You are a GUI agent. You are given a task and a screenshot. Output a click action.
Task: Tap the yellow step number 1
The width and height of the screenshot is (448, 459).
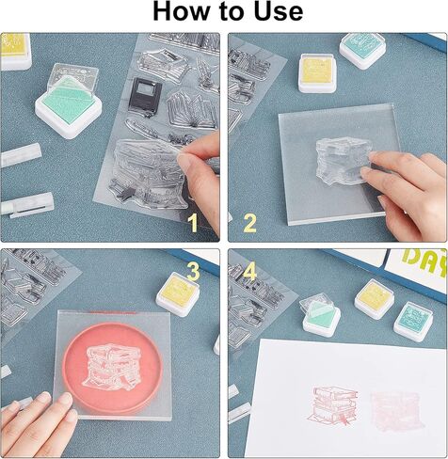point(193,223)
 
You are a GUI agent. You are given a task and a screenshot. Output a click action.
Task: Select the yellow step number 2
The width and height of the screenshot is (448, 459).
point(249,223)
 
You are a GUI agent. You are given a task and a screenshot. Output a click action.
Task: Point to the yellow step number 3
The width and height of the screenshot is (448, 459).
point(193,271)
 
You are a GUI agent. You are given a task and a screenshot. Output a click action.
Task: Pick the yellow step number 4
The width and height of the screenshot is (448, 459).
point(249,271)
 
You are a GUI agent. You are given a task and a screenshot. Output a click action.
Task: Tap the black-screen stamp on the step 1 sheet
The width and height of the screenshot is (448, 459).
point(145,95)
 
